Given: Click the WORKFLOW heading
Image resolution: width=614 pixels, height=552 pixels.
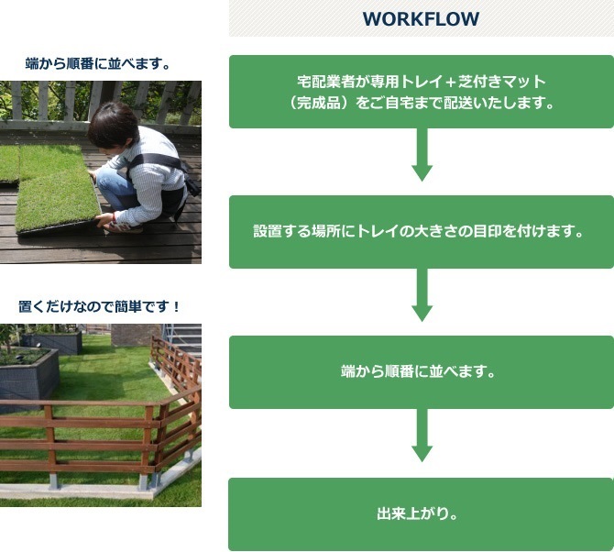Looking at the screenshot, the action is coord(421,19).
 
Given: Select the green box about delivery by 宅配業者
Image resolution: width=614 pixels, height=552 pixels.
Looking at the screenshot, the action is coord(422,92).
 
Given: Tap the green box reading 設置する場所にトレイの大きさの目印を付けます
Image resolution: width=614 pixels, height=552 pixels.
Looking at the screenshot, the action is coord(422,232).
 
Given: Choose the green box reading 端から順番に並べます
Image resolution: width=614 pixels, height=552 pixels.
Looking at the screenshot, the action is coord(422,372).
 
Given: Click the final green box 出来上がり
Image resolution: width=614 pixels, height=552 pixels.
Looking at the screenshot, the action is coord(422,514).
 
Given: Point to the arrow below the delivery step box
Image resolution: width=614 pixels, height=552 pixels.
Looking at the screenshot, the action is coord(422,155).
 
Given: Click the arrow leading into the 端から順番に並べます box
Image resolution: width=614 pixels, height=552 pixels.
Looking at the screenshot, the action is coord(422,295).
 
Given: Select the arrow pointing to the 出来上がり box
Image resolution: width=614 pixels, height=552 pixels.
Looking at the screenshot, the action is coord(422,436).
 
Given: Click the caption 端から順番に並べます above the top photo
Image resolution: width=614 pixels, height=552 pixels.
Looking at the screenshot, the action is coord(97,63).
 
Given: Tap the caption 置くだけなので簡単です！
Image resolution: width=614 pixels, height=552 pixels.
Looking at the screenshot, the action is coord(99,306).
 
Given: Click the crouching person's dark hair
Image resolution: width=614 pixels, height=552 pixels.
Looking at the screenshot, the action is coord(113,124).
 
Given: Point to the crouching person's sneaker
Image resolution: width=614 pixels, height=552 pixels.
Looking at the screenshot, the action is coord(124,227).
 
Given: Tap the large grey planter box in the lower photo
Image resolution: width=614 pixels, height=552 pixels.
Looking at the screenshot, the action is coord(28,375).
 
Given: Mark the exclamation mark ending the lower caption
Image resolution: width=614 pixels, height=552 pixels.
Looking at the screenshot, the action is coord(176,306).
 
